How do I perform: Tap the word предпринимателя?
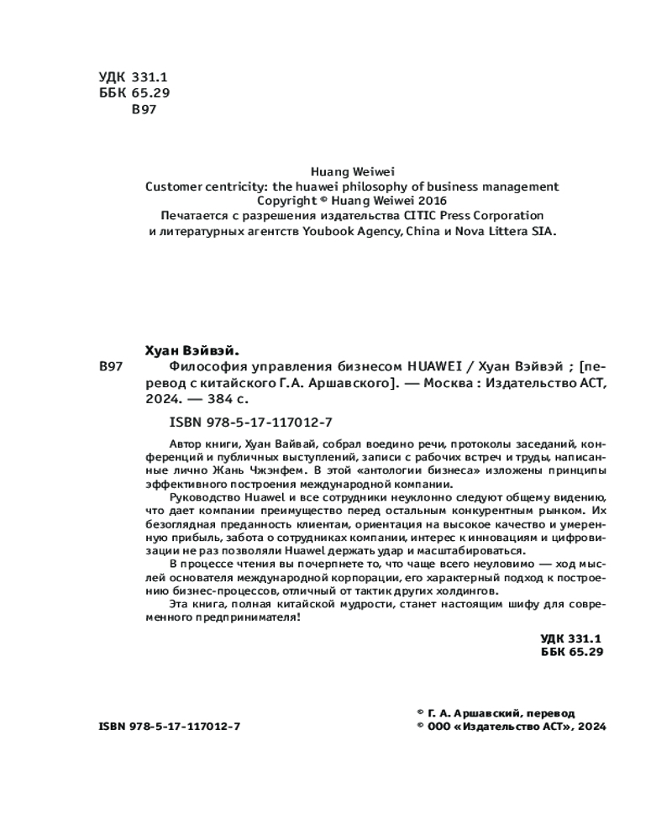click(x=249, y=617)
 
